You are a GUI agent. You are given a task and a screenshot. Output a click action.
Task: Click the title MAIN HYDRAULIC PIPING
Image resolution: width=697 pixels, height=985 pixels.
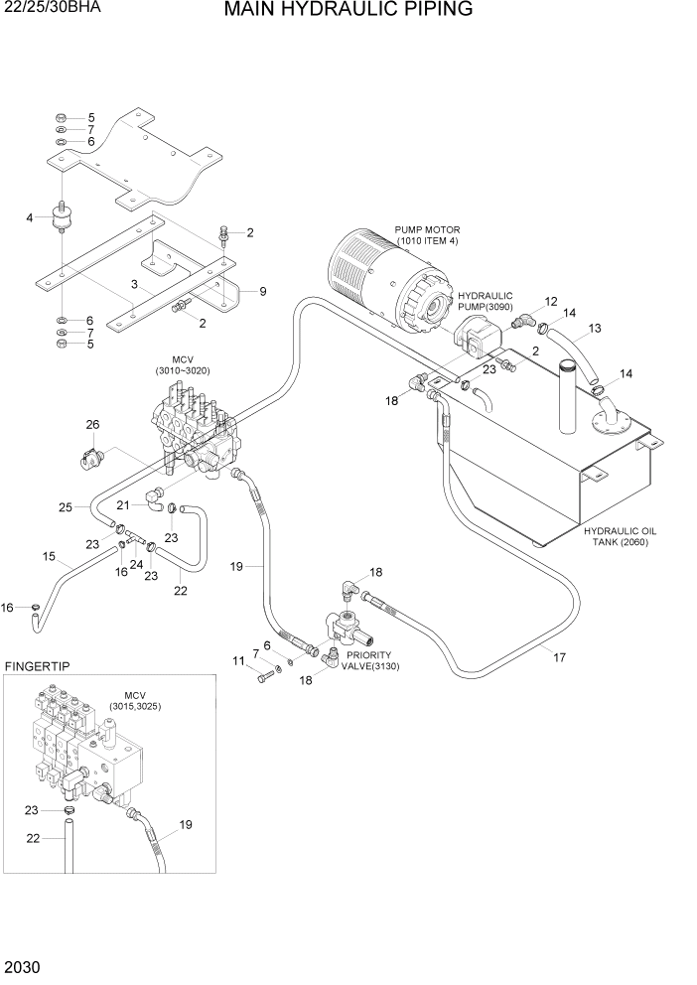[348, 11]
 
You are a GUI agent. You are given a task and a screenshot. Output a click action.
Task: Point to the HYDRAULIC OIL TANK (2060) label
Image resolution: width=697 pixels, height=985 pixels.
[621, 537]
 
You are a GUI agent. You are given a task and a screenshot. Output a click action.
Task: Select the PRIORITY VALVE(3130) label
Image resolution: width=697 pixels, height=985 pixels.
[369, 661]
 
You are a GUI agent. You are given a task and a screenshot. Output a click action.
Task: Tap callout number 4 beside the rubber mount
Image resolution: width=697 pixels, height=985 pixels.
[30, 217]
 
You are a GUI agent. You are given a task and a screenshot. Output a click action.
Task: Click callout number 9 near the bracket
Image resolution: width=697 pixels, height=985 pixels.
[263, 291]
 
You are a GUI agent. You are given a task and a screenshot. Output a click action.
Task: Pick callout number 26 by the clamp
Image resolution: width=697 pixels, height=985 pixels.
[92, 425]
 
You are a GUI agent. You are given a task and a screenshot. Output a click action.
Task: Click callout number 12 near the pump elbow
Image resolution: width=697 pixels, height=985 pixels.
[551, 301]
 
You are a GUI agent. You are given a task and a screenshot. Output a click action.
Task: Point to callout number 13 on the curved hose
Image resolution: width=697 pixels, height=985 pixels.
[595, 328]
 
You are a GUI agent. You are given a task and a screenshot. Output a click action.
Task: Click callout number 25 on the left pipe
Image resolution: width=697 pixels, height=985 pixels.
[66, 507]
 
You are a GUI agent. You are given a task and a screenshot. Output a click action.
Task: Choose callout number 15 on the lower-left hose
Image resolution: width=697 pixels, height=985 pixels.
[49, 557]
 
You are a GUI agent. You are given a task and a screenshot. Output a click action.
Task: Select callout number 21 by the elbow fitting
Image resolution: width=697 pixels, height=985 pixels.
[123, 505]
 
